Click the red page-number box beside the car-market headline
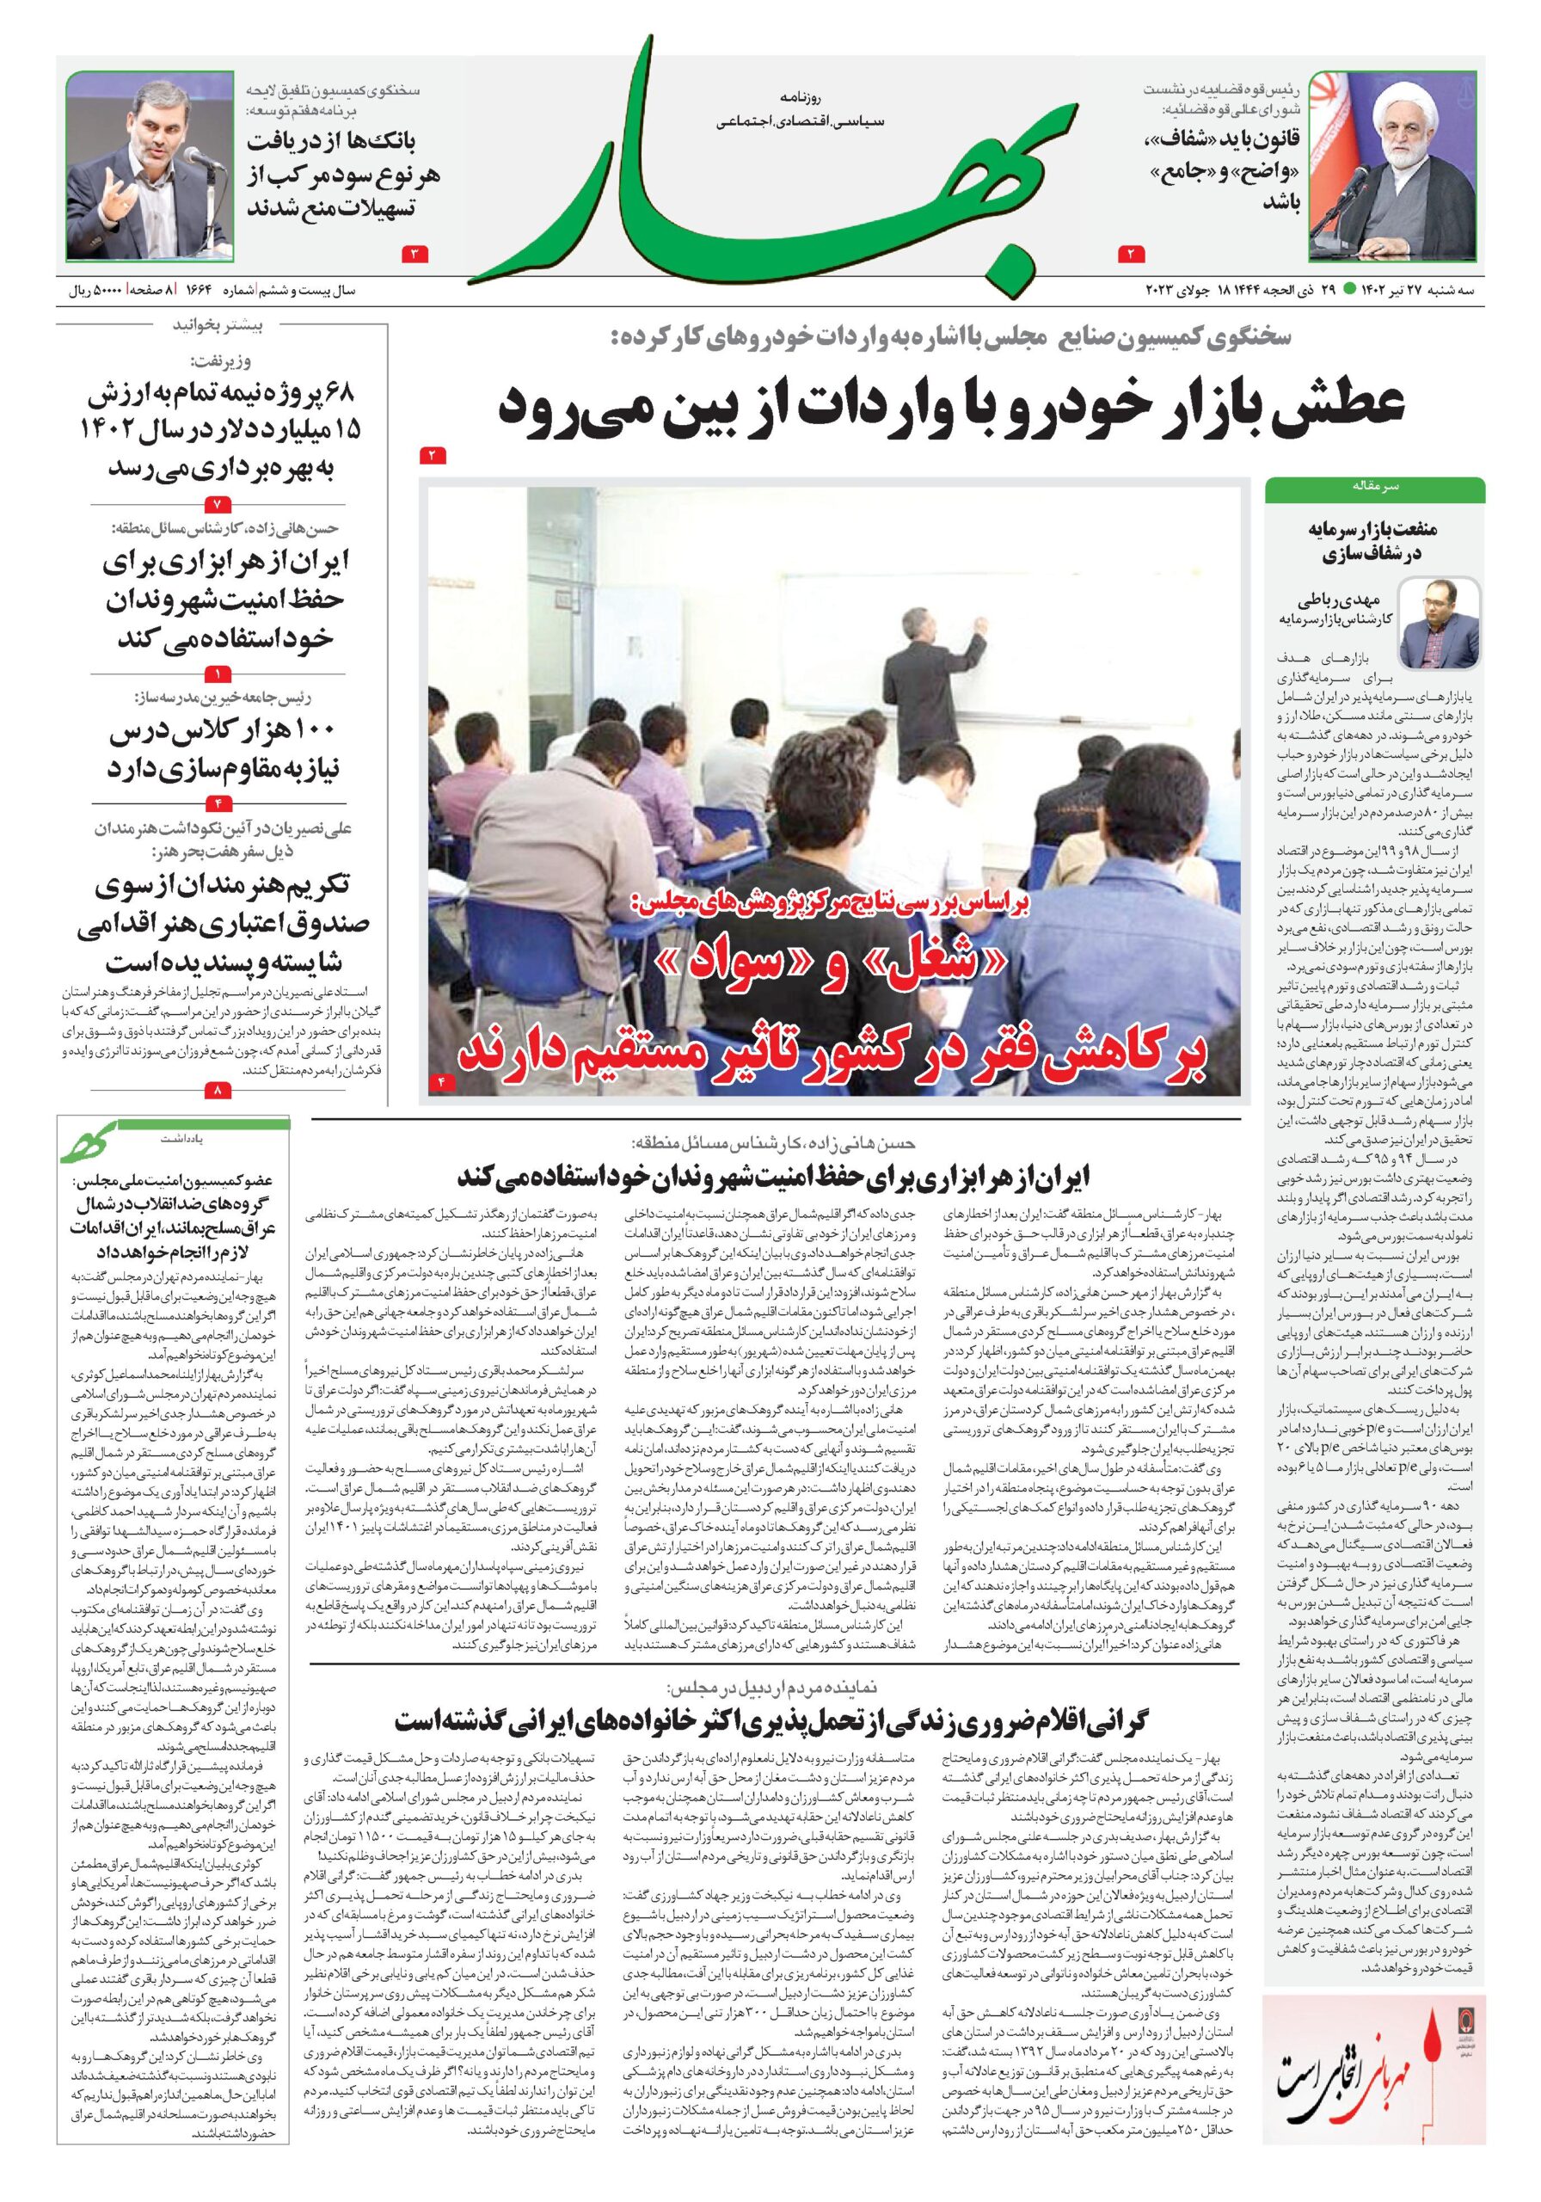point(433,455)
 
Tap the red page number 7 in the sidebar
point(218,502)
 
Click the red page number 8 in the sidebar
point(218,1090)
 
